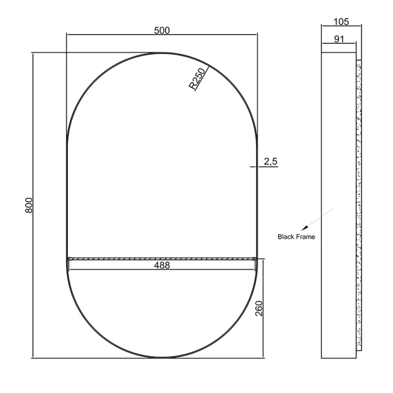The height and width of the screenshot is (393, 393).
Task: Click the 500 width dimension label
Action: click(x=162, y=30)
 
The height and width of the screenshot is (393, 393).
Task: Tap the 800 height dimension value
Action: click(x=29, y=205)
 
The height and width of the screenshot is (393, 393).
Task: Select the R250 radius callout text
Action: click(x=197, y=79)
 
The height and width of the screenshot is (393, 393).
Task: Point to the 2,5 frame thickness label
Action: click(x=271, y=162)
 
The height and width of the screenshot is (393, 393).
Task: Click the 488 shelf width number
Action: click(x=162, y=265)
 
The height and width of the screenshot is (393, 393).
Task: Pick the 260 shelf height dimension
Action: click(x=259, y=309)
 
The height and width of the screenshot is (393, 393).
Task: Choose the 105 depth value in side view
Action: click(x=341, y=22)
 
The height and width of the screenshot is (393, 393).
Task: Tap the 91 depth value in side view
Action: click(x=339, y=39)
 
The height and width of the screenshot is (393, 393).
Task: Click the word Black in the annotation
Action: click(x=286, y=237)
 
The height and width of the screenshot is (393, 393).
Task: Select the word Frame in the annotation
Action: click(x=306, y=237)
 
